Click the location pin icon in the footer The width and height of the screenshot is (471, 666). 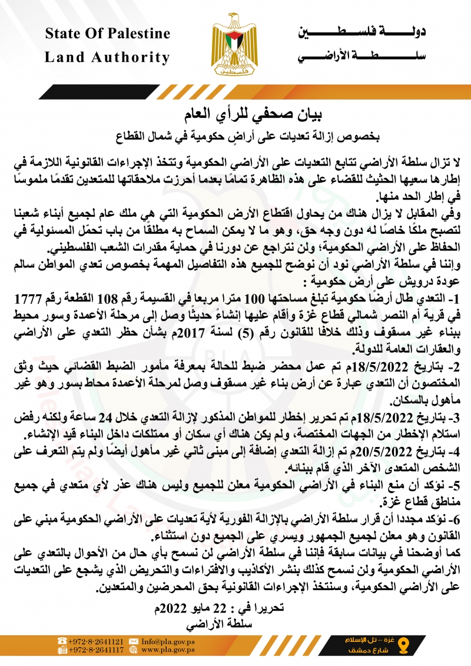pyautogui.click(x=403, y=645)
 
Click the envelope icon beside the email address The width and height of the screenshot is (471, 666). pyautogui.click(x=134, y=641)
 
